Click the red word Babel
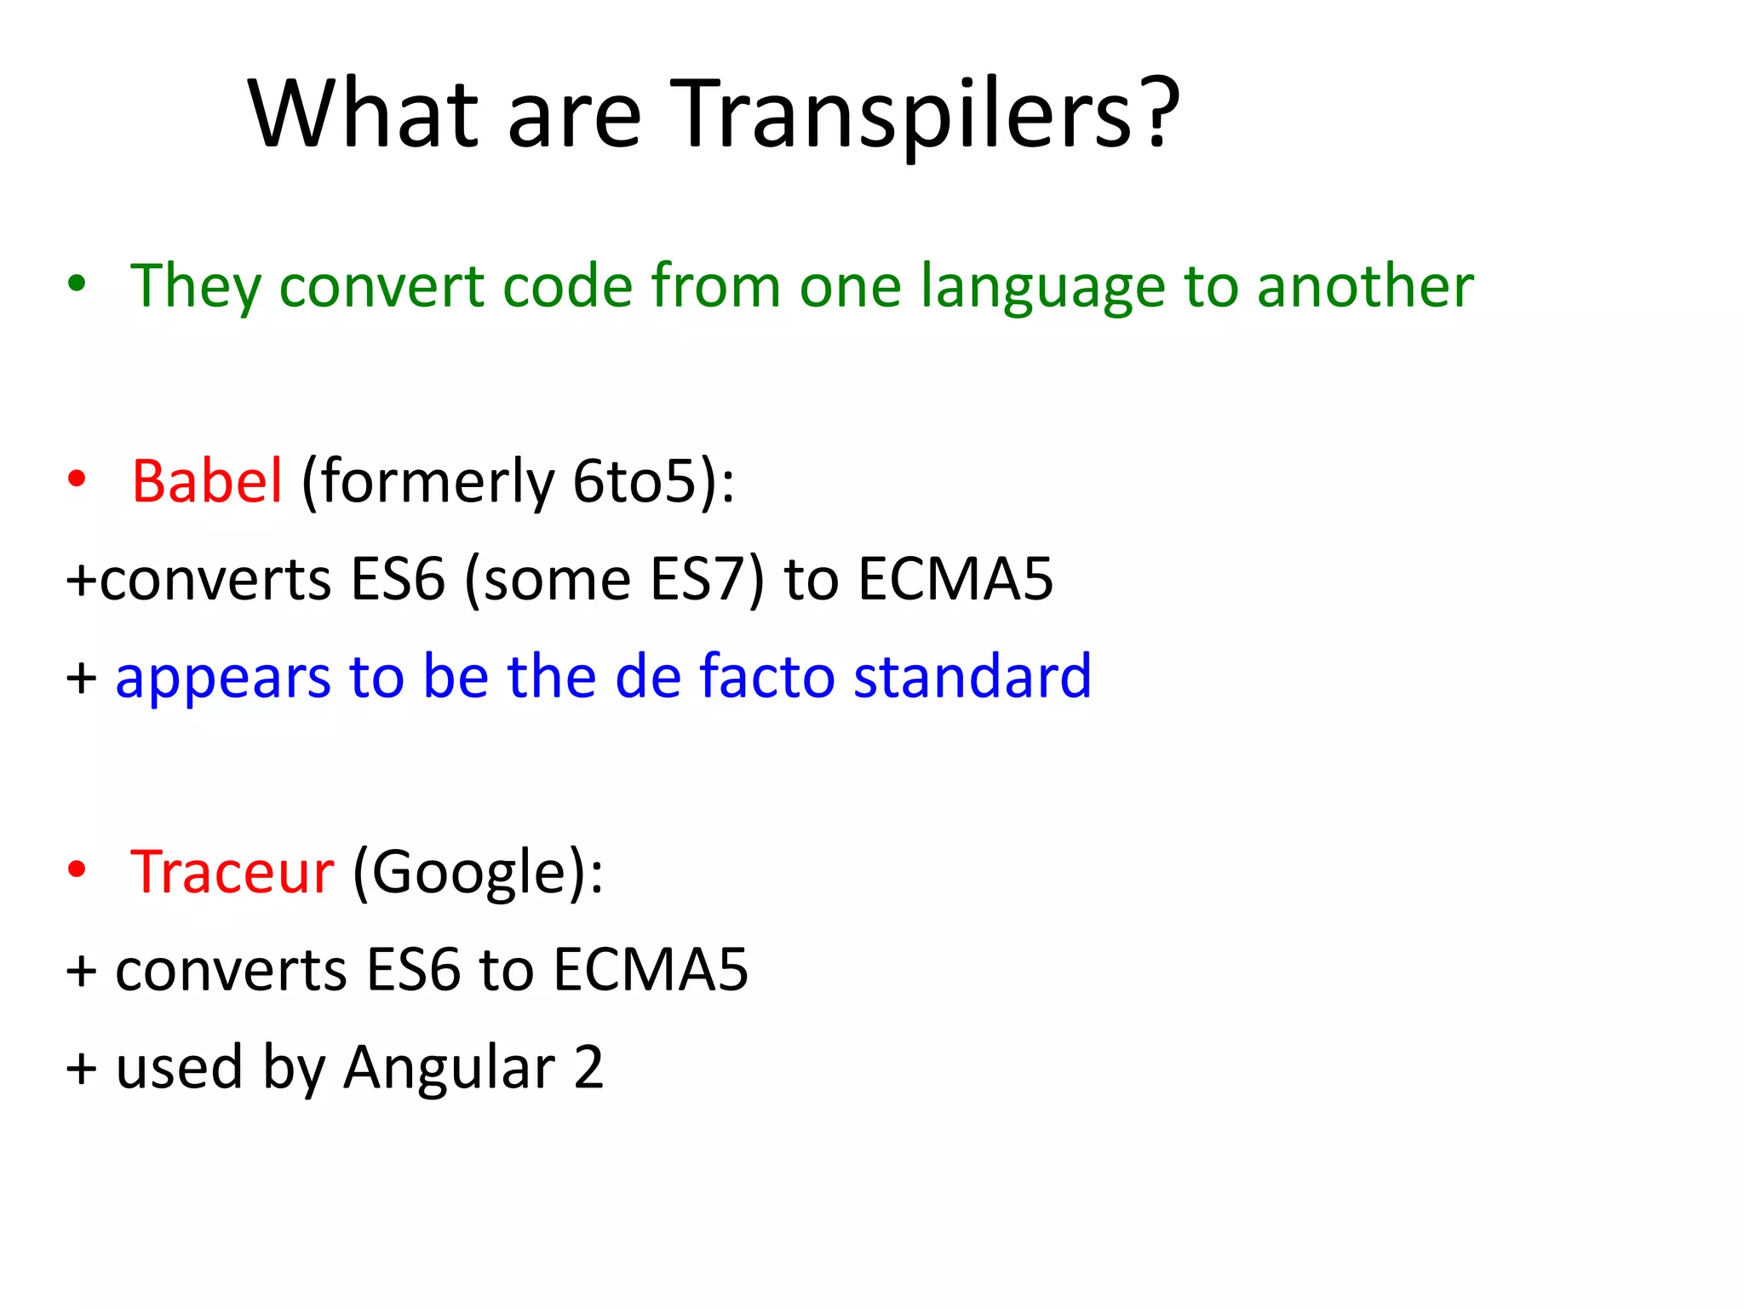207,481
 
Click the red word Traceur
232,872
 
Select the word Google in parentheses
468,874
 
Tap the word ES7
698,579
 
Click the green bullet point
77,284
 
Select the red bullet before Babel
77,479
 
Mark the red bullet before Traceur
77,869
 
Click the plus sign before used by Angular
82,1068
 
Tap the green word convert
381,286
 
